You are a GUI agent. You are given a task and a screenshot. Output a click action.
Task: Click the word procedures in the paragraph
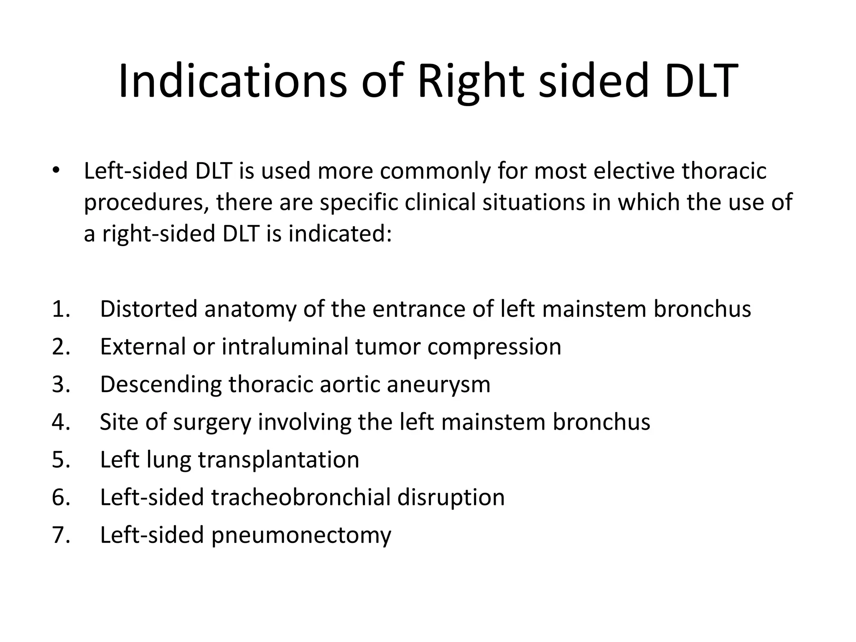click(146, 203)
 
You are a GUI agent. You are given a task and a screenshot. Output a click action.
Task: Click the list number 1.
click(61, 309)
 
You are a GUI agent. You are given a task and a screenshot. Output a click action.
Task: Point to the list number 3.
click(61, 384)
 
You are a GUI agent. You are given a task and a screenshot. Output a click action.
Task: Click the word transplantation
click(278, 460)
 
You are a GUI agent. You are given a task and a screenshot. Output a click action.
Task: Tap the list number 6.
click(61, 497)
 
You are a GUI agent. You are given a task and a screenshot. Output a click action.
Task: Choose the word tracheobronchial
click(301, 497)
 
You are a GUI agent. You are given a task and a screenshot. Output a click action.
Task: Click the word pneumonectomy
click(301, 535)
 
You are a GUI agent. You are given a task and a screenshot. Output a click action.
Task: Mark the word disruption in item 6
click(451, 497)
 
